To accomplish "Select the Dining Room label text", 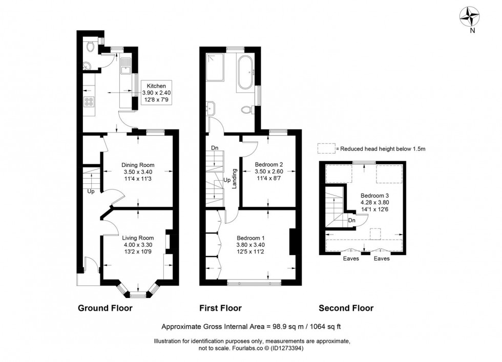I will (x=138, y=165).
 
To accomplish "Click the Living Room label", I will (x=138, y=237).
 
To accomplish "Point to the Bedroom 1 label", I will (x=250, y=238).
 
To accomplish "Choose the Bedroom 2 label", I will (x=269, y=164).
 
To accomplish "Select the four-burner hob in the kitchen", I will (x=89, y=101).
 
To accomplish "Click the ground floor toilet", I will (x=91, y=47).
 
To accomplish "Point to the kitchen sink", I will (x=126, y=65).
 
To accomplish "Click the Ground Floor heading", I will (x=105, y=308).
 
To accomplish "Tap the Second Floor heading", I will (x=346, y=308).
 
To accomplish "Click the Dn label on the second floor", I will (x=351, y=221).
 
